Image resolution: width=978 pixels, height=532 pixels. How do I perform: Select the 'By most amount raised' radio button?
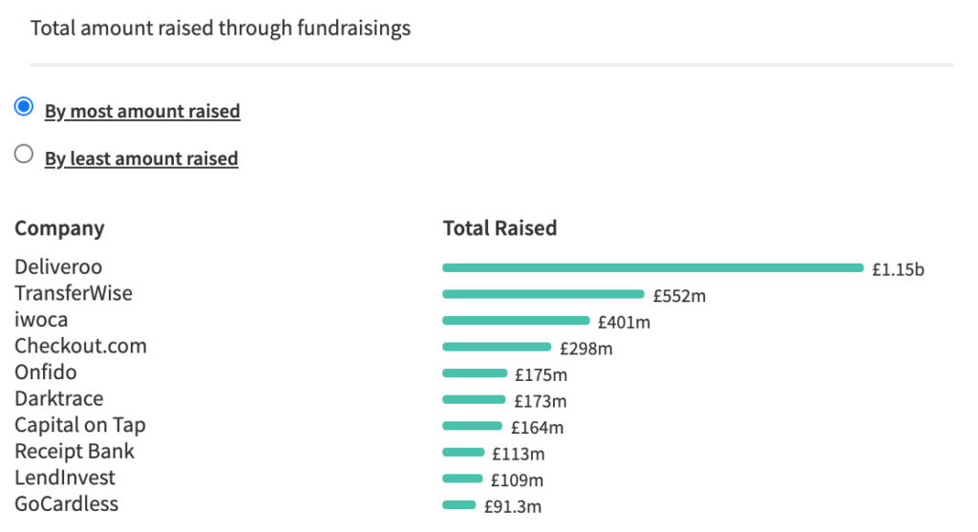click(24, 108)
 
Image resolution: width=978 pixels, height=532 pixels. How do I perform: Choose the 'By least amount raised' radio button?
click(24, 155)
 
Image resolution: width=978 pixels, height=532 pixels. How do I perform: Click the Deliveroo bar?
click(652, 267)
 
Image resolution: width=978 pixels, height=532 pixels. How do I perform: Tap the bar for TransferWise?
click(543, 294)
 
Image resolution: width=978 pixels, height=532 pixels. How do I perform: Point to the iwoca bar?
click(516, 321)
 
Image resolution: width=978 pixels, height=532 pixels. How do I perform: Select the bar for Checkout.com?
click(497, 347)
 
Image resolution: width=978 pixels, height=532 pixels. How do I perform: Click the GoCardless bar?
click(458, 505)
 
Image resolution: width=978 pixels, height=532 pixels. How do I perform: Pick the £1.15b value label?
click(898, 269)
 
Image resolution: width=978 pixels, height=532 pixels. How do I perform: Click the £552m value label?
click(679, 296)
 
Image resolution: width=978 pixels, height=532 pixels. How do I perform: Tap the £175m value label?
click(541, 375)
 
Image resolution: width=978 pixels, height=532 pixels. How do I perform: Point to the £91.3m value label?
click(512, 507)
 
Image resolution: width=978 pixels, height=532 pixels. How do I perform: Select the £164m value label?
click(537, 428)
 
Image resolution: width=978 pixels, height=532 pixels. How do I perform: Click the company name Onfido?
click(46, 372)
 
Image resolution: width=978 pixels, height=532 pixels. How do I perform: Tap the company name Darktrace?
click(58, 398)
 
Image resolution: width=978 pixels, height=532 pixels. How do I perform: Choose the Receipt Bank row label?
click(74, 451)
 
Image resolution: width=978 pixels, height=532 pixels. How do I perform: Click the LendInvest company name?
click(65, 478)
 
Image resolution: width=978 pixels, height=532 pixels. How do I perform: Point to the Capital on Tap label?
click(80, 425)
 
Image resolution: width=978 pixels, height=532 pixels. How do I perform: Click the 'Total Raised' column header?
click(500, 228)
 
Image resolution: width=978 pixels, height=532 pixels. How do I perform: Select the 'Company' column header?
click(59, 229)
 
